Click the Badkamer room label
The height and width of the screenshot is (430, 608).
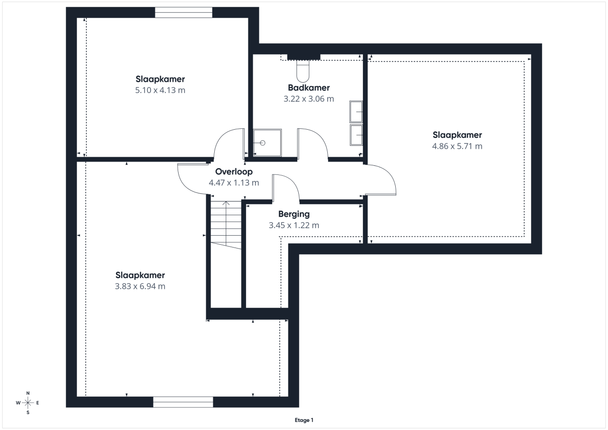point(309,88)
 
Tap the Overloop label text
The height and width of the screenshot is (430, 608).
point(234,172)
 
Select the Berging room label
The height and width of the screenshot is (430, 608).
point(294,214)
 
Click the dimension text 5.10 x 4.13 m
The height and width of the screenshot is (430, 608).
point(160,90)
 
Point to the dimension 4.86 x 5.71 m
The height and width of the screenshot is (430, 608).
point(457,146)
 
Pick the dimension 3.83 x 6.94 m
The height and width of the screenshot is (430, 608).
point(140,287)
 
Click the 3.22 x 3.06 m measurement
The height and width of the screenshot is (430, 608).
point(309,99)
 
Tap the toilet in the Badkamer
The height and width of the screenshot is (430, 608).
point(303,71)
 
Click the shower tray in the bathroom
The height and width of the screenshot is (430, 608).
point(267,143)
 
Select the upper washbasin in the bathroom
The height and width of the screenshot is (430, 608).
point(356,112)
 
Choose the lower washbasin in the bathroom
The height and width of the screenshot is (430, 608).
point(356,135)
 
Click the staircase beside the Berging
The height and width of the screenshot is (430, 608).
point(226,225)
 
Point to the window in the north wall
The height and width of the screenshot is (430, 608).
point(183,12)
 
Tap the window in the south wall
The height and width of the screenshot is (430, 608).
point(183,402)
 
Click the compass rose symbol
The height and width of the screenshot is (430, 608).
point(28,403)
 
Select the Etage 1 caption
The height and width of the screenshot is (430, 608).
point(304,420)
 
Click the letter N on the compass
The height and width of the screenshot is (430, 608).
point(28,393)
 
